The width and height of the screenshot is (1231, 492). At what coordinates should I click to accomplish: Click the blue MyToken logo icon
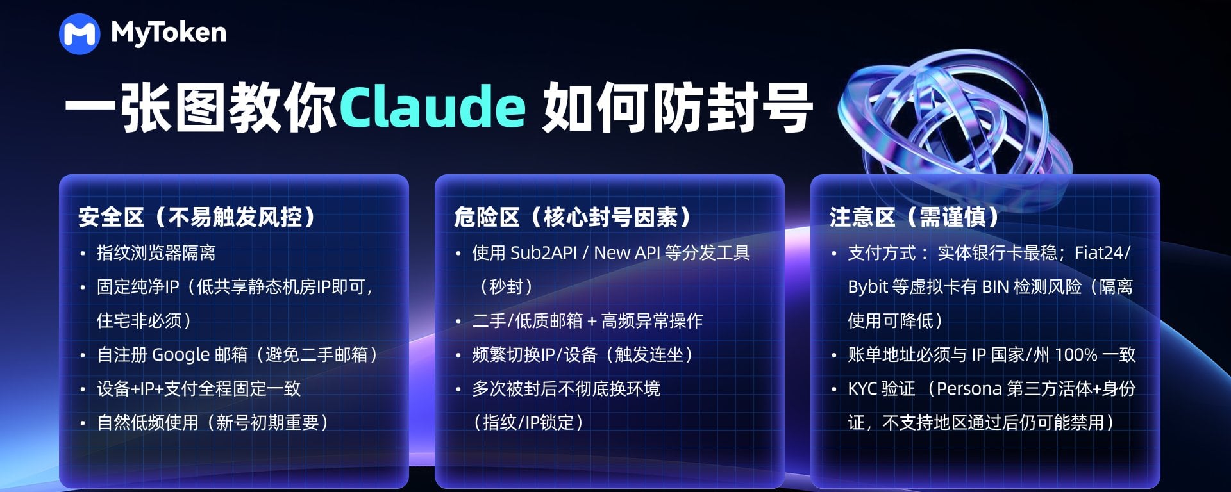coord(80,34)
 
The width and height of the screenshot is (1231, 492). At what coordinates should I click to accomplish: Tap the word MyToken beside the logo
coord(169,33)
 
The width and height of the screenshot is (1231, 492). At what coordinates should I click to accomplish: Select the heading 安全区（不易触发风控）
coord(197,217)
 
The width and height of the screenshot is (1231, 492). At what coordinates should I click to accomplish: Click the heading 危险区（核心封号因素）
coord(573,217)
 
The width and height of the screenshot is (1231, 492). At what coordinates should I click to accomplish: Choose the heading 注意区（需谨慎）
coord(914,217)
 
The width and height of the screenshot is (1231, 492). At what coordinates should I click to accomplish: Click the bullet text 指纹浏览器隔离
coord(156,253)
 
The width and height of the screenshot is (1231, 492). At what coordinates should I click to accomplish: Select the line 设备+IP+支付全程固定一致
coord(199,389)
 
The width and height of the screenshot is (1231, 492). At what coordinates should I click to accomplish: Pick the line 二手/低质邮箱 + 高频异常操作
coord(587,321)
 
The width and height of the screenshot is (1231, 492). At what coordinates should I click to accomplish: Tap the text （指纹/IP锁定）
coord(528,423)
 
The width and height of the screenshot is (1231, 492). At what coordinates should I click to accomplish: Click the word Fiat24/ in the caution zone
coord(1103,253)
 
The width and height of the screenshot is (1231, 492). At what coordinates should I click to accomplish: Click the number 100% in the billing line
coord(1076,355)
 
